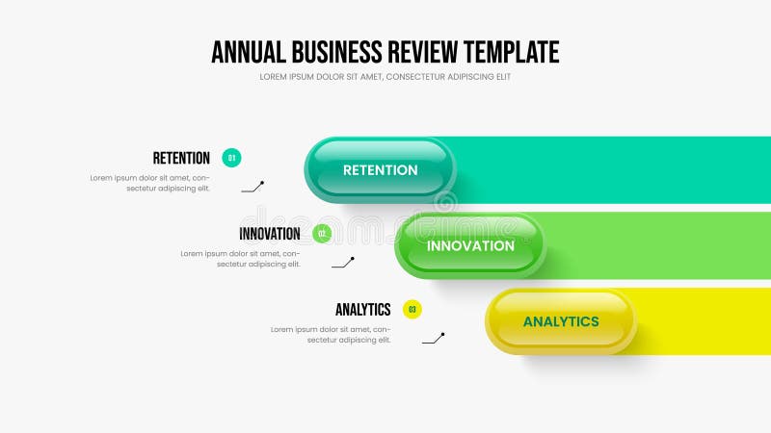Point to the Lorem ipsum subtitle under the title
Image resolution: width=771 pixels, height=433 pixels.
tap(385, 77)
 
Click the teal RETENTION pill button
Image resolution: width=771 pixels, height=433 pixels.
tap(381, 170)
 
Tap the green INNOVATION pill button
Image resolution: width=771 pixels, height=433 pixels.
tap(470, 245)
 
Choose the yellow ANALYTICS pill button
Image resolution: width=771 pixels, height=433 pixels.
tap(561, 321)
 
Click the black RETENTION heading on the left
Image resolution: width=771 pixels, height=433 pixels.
tap(181, 158)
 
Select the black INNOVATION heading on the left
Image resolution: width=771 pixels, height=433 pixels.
tap(270, 234)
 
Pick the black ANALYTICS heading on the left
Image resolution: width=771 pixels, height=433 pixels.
tap(362, 310)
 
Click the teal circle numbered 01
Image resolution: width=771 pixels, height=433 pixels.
tap(231, 158)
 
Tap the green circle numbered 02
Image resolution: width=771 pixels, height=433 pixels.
tap(322, 234)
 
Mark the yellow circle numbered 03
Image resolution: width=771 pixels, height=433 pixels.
tap(412, 310)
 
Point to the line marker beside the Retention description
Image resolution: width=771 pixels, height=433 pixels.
tap(253, 187)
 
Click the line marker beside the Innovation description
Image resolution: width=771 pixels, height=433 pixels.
tap(343, 262)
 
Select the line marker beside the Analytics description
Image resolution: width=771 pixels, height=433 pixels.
tap(434, 338)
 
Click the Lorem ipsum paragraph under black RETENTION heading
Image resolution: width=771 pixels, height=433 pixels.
tap(150, 183)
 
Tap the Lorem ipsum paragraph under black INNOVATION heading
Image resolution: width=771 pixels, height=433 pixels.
tap(241, 259)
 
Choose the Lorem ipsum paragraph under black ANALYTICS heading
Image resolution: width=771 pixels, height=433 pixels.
tap(331, 334)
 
